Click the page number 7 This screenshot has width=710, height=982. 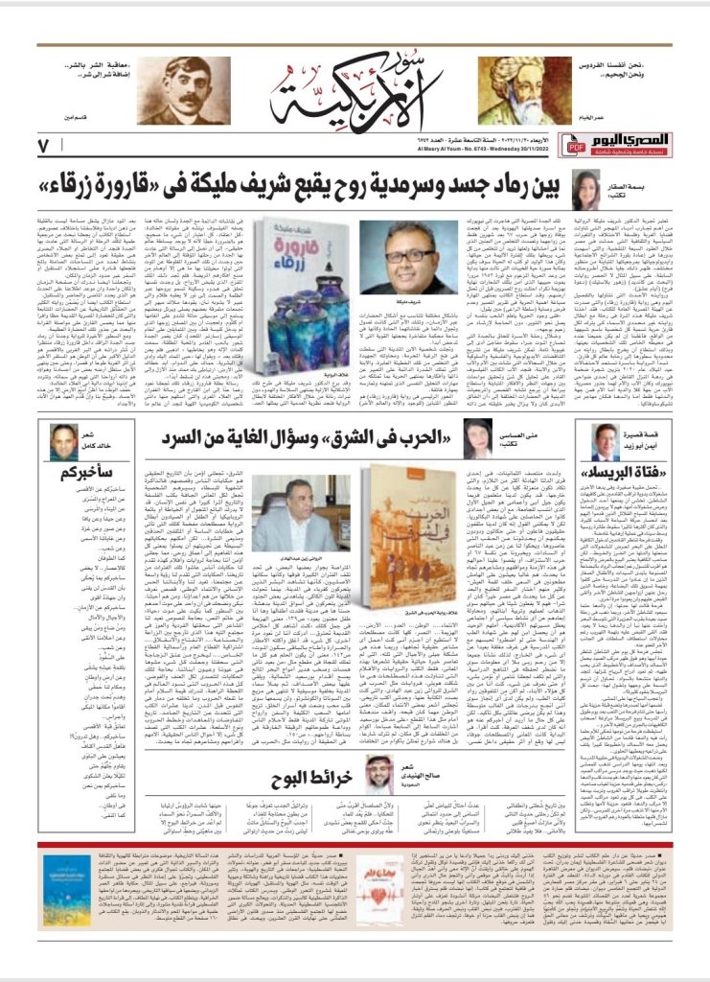point(43,146)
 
